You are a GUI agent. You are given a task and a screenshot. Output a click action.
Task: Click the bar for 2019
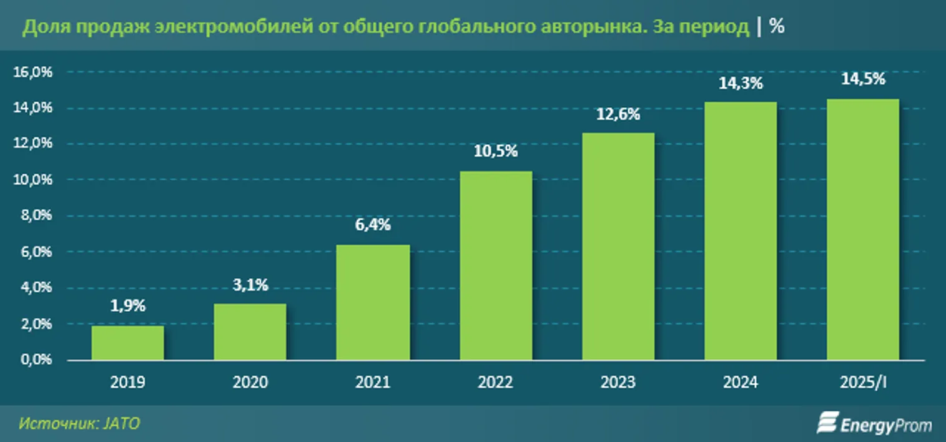click(x=127, y=343)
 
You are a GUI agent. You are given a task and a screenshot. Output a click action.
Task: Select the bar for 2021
click(x=373, y=302)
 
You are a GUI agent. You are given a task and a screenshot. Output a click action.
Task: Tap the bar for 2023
click(x=618, y=246)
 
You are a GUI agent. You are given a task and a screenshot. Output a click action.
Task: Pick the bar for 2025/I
click(x=863, y=229)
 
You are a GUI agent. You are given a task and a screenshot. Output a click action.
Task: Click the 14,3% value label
click(x=741, y=83)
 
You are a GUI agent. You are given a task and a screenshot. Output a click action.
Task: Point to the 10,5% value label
click(x=495, y=152)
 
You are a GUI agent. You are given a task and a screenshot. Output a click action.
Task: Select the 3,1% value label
click(x=250, y=285)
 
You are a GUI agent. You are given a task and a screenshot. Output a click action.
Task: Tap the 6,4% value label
click(x=373, y=225)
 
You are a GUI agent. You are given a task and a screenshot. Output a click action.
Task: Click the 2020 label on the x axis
click(x=250, y=382)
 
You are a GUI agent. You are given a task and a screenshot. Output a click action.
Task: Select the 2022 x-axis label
click(x=495, y=382)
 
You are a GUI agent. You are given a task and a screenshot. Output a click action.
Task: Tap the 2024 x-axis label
click(x=741, y=382)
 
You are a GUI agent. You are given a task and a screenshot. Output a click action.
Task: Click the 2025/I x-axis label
click(x=863, y=382)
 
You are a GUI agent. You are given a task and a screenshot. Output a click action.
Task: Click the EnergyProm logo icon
click(x=827, y=423)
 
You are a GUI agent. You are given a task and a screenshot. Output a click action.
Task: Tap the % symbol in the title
click(x=777, y=27)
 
